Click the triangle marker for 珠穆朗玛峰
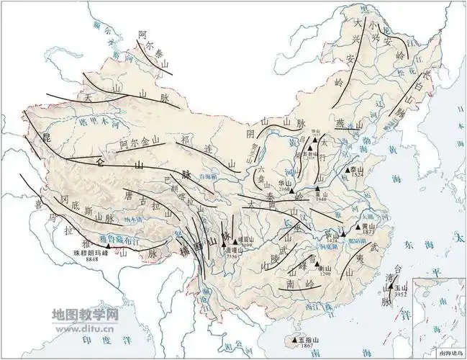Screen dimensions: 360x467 [108, 246]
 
